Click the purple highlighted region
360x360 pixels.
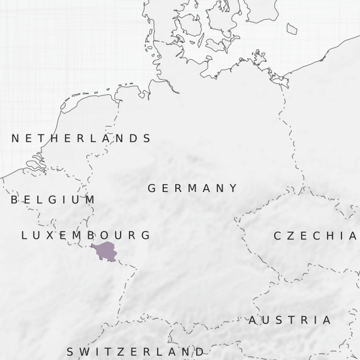click(105, 251)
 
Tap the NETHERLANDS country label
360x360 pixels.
click(81, 139)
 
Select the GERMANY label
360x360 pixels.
click(193, 188)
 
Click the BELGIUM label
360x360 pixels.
click(53, 200)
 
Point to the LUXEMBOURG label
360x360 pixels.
click(85, 235)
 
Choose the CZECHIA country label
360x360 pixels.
click(315, 236)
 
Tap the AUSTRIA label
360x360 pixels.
click(290, 320)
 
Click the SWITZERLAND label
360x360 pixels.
click(135, 352)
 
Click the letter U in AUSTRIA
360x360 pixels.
click(265, 320)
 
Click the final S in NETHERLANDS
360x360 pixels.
click(147, 139)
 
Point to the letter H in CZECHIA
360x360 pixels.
click(329, 236)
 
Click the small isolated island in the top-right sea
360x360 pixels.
click(292, 28)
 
